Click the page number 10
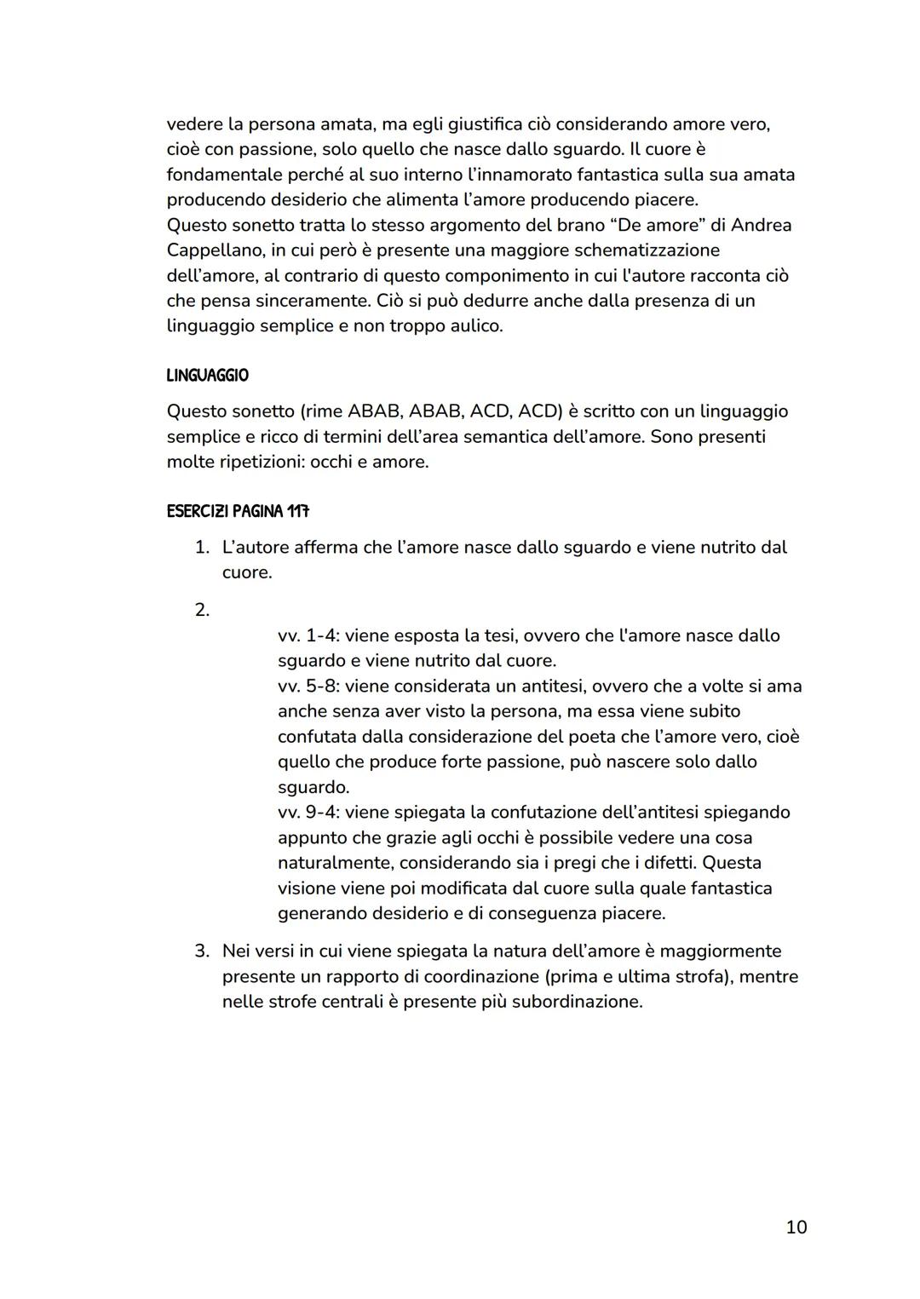coord(796,1227)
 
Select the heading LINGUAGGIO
coord(208,376)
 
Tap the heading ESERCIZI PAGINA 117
coord(238,512)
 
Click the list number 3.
coord(202,951)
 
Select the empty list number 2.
coord(202,610)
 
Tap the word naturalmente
coord(333,863)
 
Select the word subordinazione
coord(577,1001)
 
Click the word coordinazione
coord(480,976)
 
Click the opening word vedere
coord(194,124)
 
